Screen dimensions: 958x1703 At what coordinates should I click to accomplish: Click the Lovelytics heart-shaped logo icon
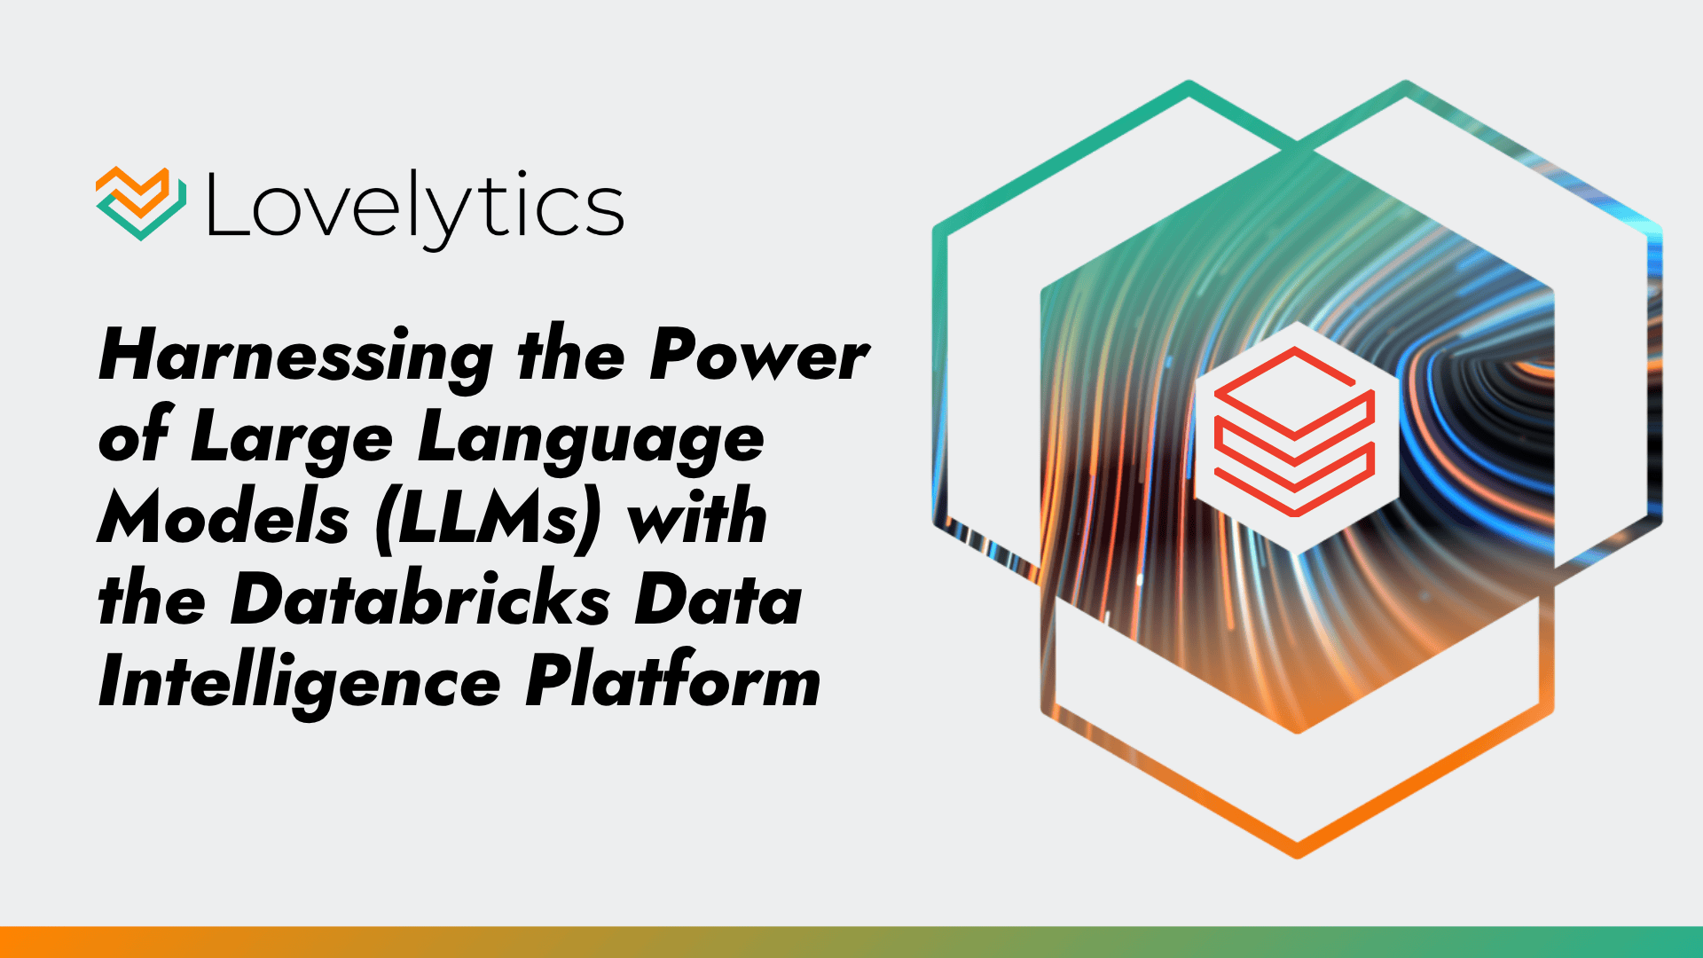click(140, 203)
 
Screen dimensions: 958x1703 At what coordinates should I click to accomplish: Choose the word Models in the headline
click(224, 520)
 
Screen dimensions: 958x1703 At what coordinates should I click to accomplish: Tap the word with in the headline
click(697, 520)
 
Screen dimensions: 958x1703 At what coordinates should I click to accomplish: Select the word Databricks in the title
click(420, 601)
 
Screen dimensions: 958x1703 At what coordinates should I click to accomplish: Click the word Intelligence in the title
click(300, 684)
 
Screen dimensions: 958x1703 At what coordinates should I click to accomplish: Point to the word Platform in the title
click(673, 684)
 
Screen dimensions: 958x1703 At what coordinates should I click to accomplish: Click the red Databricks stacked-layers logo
click(1294, 432)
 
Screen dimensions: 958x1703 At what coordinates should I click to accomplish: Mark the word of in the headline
click(133, 438)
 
